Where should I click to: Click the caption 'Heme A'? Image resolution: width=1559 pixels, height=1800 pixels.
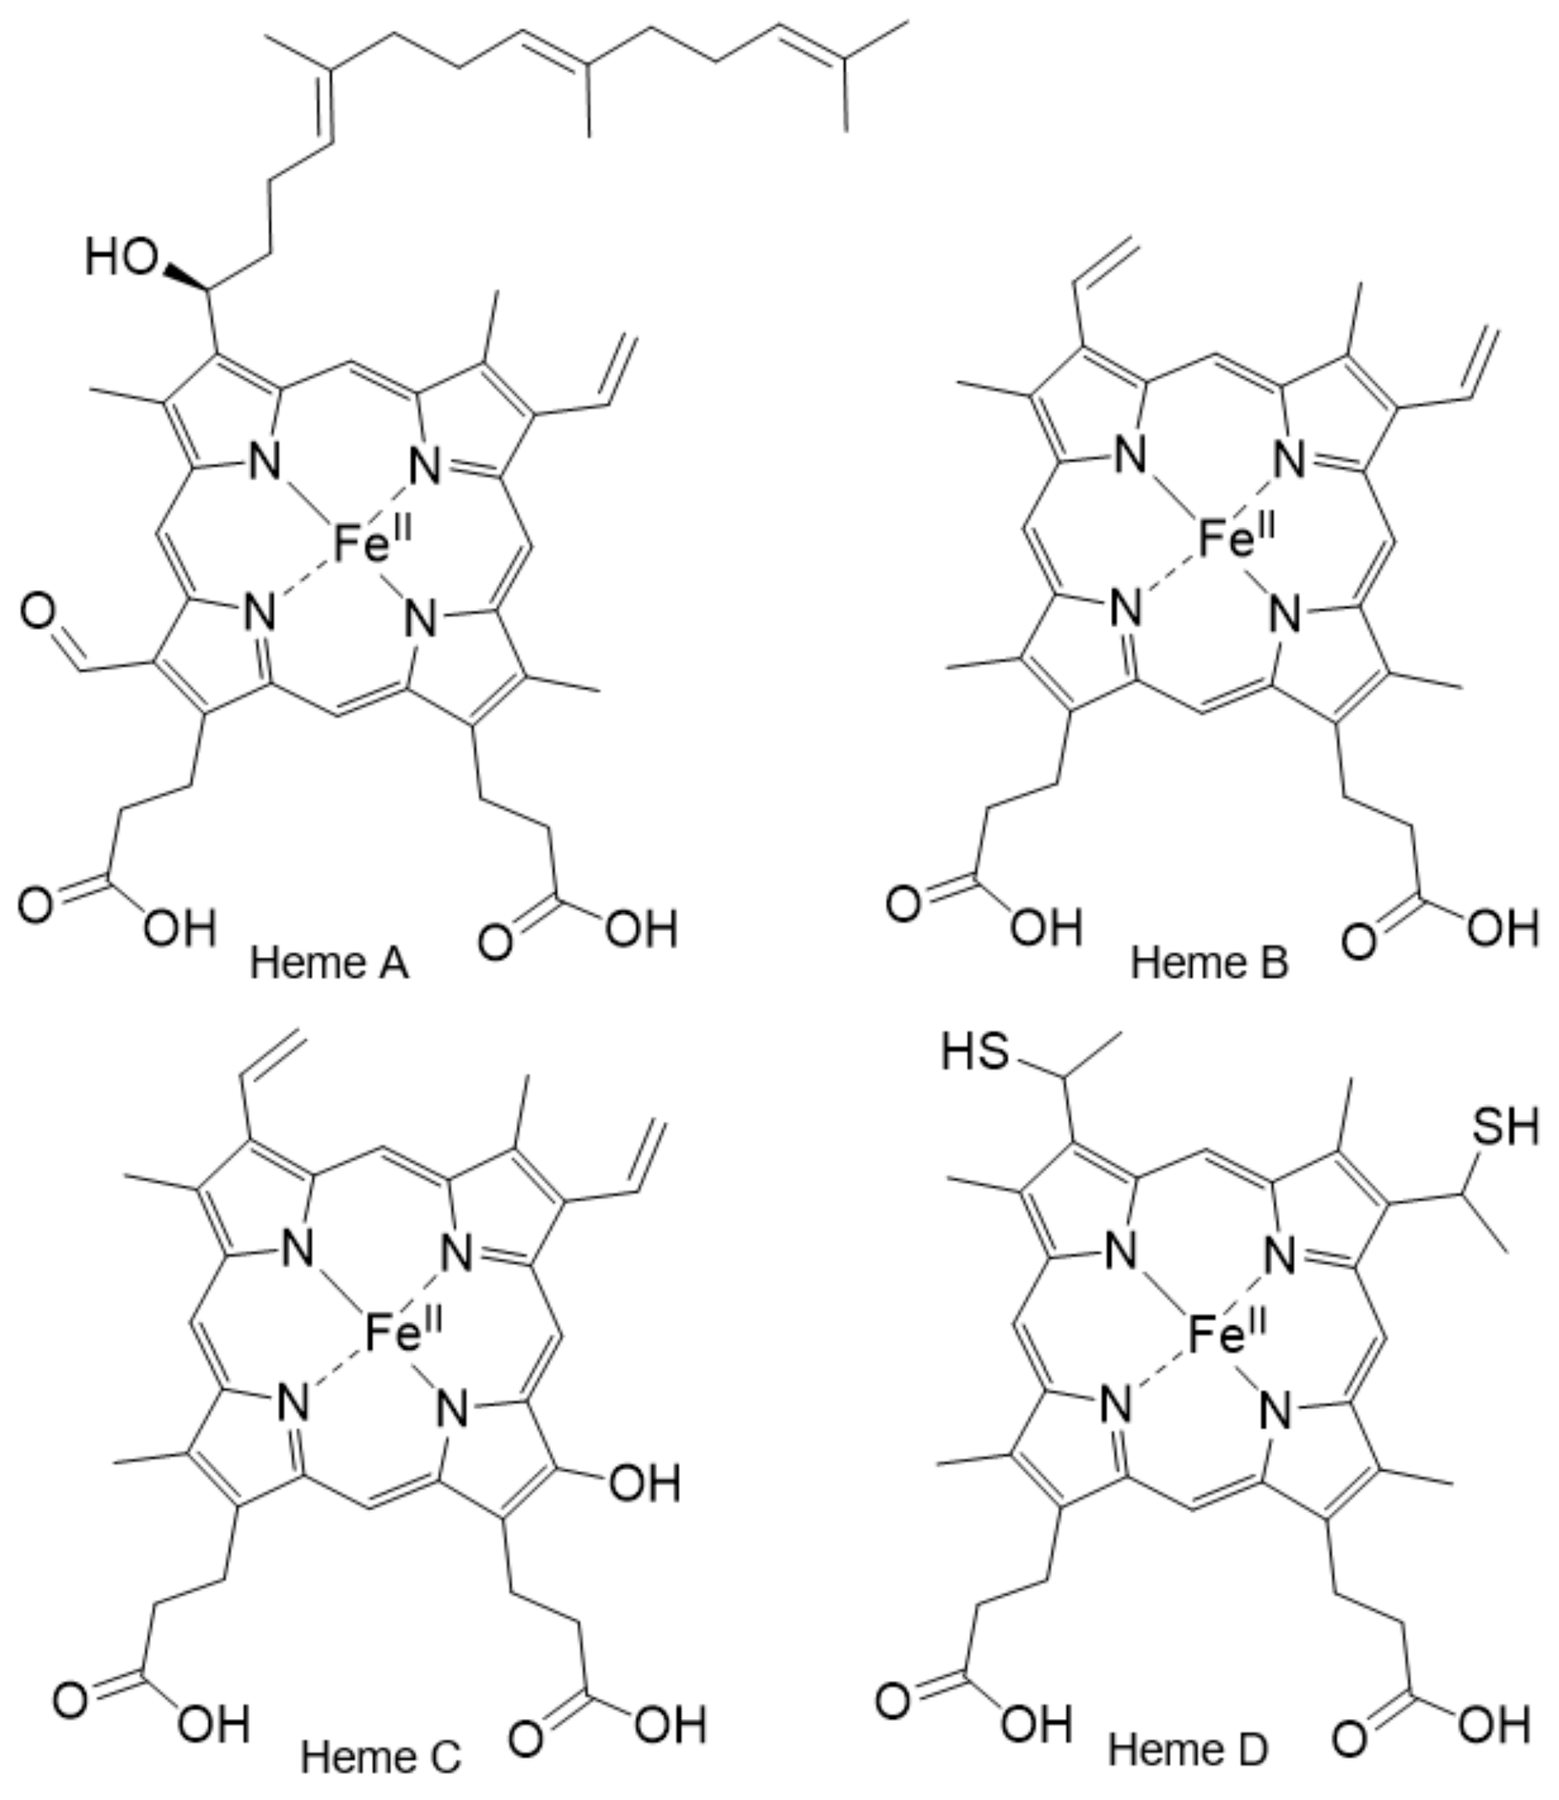(x=329, y=964)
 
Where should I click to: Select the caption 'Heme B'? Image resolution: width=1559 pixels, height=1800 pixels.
(x=1209, y=964)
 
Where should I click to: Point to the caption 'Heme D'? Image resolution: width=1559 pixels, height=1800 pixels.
(x=1189, y=1749)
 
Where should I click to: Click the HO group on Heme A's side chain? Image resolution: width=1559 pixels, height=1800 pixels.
(x=122, y=259)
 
